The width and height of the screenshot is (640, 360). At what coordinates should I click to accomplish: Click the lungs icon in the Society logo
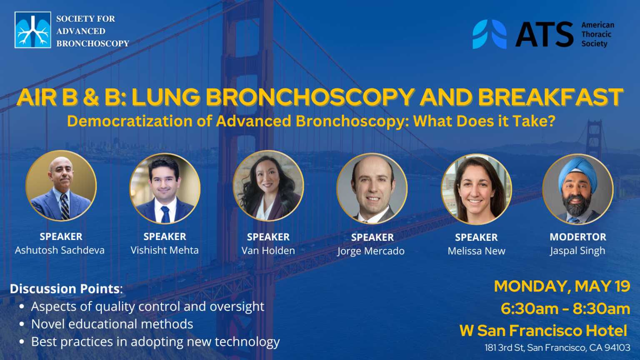coord(32,30)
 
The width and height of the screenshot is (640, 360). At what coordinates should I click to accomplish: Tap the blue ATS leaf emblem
coord(490,34)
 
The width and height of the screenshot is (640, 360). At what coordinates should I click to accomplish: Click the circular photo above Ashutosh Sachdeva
coord(61,186)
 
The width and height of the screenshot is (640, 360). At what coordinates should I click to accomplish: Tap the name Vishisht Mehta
coord(165,250)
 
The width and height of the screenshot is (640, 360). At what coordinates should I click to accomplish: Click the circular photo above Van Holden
coord(268,186)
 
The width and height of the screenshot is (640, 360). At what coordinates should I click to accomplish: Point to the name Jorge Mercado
coord(371,251)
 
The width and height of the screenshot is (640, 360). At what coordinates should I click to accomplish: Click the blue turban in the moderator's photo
coord(578,171)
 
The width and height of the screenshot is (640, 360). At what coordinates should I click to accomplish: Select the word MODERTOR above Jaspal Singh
coord(577,237)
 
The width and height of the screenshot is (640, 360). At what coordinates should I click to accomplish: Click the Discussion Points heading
coord(65,289)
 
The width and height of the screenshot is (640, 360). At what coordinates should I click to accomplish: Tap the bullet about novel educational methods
coord(112,324)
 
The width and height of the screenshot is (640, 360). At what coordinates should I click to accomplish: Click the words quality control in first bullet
coord(138,307)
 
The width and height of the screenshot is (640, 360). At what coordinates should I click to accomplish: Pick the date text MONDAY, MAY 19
coord(562,286)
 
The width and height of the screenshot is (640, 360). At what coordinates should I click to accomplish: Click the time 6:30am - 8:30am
coord(565,309)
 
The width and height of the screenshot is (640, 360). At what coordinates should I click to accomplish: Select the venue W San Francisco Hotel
coord(543,331)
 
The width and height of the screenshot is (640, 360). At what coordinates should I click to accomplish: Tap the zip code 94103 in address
coord(617,348)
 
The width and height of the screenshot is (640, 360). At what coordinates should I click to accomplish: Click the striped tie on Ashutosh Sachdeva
coord(65,207)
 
